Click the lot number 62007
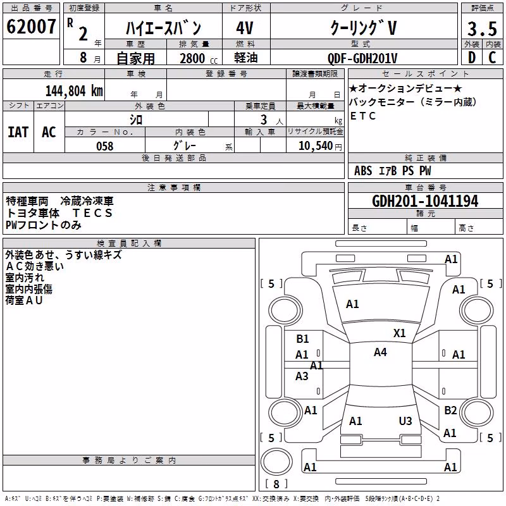pos(31,27)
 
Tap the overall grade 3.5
pos(482,28)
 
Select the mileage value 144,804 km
pos(74,91)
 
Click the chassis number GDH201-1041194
pos(425,201)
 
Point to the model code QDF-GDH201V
pos(362,58)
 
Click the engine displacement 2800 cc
pos(199,58)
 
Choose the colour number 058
pos(105,146)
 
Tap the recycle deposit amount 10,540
pos(316,146)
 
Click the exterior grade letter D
pos(472,58)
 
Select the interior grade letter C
pos(492,58)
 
